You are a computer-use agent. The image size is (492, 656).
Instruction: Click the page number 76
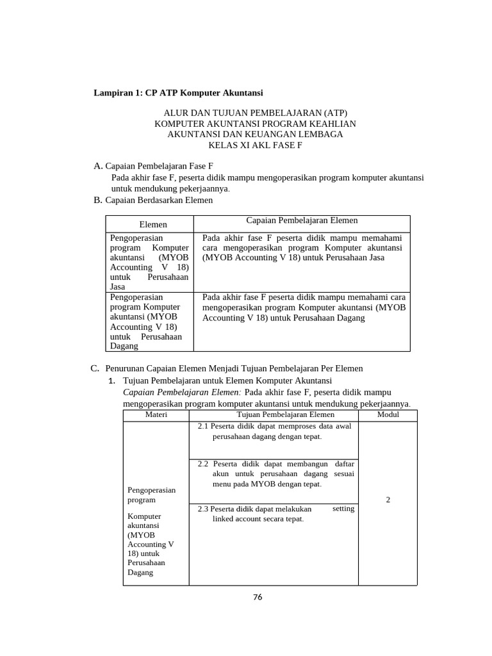pyautogui.click(x=258, y=597)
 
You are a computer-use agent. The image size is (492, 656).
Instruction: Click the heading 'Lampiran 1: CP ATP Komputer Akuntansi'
pyautogui.click(x=179, y=93)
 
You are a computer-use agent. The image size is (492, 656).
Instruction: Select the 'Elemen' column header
pyautogui.click(x=153, y=224)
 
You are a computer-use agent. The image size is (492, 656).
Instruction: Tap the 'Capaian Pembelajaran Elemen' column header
pyautogui.click(x=302, y=220)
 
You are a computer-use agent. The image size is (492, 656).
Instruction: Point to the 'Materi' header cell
pyautogui.click(x=156, y=415)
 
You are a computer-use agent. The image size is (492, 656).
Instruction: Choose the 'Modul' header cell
pyautogui.click(x=388, y=415)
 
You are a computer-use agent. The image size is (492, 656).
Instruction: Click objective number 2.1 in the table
pyautogui.click(x=204, y=426)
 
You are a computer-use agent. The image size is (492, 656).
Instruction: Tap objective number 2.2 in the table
pyautogui.click(x=204, y=463)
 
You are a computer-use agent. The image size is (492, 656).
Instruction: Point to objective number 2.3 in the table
pyautogui.click(x=204, y=509)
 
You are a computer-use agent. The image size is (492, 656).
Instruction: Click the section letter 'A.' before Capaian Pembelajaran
pyautogui.click(x=98, y=166)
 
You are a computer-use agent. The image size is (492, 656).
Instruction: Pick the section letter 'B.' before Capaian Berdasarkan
pyautogui.click(x=98, y=200)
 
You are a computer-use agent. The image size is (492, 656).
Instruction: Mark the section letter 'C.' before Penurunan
pyautogui.click(x=94, y=368)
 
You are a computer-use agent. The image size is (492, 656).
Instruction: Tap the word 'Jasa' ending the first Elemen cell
pyautogui.click(x=118, y=288)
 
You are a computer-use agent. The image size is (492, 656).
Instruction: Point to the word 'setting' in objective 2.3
pyautogui.click(x=343, y=508)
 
